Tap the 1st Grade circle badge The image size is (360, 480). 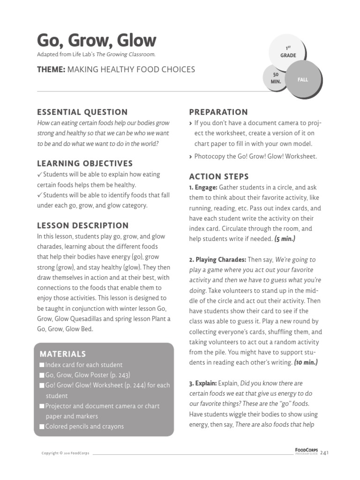click(x=288, y=52)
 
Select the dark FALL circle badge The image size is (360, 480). click(x=302, y=80)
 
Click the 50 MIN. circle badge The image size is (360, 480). click(x=276, y=78)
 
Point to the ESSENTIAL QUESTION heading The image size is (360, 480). click(x=82, y=112)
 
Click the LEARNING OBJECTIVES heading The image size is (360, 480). click(x=85, y=164)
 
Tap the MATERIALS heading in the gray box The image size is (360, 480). click(x=63, y=354)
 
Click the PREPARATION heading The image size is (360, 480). click(x=218, y=112)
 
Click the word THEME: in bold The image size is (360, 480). click(x=51, y=69)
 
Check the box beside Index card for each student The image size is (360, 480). click(x=42, y=365)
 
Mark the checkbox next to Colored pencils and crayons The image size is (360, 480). click(x=42, y=427)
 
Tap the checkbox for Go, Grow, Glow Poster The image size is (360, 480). click(x=42, y=375)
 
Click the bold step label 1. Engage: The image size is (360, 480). click(x=203, y=187)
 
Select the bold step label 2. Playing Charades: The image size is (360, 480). click(x=217, y=260)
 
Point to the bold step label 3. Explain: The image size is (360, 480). click(x=204, y=383)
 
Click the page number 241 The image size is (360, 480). click(x=325, y=453)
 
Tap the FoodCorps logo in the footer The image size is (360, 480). click(x=307, y=451)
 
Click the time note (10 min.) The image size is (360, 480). click(x=306, y=363)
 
